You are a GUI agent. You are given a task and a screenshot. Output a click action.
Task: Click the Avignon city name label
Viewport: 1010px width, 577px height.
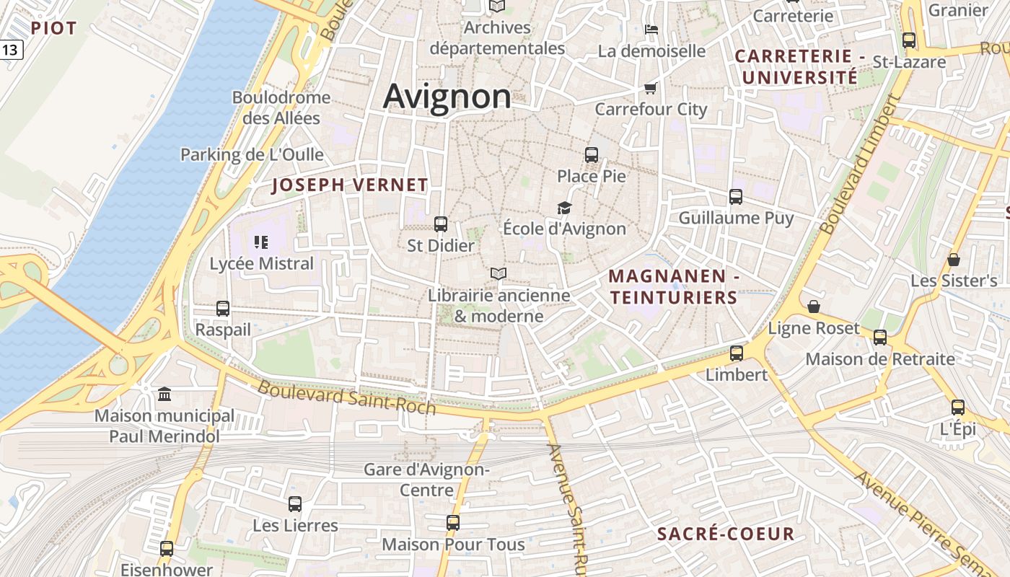(447, 97)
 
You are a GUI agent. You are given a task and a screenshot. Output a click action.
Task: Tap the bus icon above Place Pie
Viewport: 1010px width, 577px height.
(592, 154)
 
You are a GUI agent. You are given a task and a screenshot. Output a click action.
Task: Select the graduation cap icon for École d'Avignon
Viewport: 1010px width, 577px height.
(564, 208)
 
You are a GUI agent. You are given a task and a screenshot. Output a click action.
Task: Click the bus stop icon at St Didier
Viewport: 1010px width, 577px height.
(441, 224)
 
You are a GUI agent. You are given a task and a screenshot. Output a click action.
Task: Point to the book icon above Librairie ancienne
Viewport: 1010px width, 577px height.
(498, 273)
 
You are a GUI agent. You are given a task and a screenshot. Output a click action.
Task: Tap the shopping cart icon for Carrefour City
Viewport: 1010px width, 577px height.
(651, 88)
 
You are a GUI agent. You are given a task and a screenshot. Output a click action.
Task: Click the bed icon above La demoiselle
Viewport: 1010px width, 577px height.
(651, 30)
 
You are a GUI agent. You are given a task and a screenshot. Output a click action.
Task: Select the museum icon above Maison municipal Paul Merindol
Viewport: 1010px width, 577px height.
(164, 394)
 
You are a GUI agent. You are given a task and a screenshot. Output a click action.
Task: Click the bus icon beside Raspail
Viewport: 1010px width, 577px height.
(223, 309)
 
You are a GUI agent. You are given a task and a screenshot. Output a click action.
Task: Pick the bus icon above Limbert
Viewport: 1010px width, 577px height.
(736, 353)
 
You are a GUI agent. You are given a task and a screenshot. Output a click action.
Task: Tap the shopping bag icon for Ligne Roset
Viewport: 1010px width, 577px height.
(814, 307)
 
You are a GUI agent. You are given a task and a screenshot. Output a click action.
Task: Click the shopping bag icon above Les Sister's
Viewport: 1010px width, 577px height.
(954, 260)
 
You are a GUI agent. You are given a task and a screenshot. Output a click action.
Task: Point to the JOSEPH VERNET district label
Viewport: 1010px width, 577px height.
(350, 185)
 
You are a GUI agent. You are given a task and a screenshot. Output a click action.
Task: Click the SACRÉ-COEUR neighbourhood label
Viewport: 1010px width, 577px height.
(726, 534)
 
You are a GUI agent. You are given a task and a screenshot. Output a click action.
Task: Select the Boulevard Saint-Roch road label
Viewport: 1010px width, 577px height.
(346, 397)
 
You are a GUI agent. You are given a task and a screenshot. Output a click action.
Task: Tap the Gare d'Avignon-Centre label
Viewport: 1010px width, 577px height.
(426, 480)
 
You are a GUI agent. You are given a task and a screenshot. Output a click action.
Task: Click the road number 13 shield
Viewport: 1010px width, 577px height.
(11, 50)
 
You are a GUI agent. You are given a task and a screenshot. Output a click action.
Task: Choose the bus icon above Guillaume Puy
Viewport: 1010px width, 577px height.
(736, 196)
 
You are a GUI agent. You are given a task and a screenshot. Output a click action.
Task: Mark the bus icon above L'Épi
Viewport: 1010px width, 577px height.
(958, 408)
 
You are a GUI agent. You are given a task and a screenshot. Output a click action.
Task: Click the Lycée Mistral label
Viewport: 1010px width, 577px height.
(262, 264)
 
